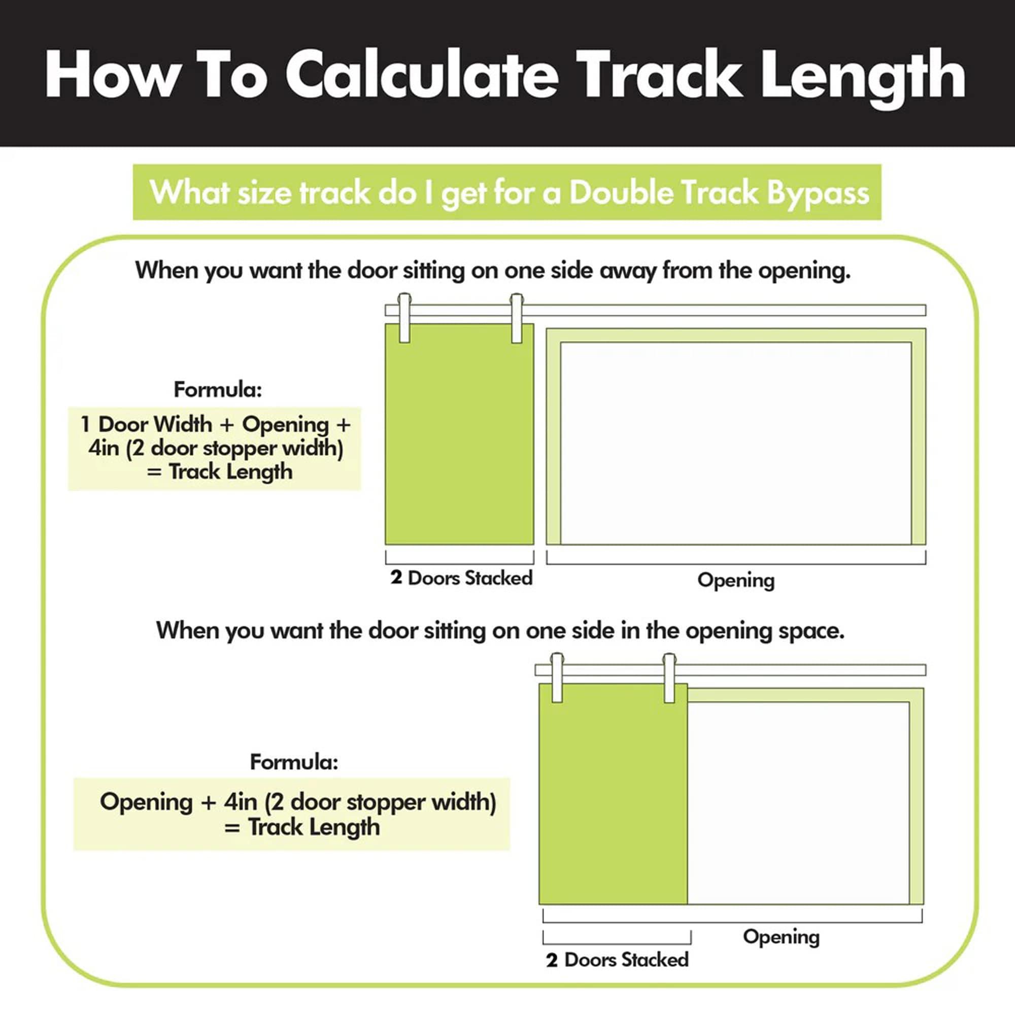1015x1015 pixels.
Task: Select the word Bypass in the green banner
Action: (x=818, y=194)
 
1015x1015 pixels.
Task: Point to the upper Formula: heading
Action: (x=218, y=390)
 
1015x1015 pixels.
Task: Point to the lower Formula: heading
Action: (x=294, y=762)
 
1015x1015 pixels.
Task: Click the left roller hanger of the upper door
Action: (x=404, y=318)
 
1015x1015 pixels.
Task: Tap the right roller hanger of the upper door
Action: (x=517, y=318)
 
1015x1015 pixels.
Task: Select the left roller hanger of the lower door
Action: (x=557, y=678)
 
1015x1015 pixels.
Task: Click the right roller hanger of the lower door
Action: (x=669, y=678)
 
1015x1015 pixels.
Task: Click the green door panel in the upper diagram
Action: (x=460, y=434)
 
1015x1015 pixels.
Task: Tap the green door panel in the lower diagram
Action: (x=613, y=794)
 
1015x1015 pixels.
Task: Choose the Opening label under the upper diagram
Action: (x=735, y=581)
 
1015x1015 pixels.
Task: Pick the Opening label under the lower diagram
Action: (x=781, y=937)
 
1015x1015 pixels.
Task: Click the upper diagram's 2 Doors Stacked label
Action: (x=461, y=578)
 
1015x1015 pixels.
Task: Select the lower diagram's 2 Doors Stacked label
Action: (x=617, y=960)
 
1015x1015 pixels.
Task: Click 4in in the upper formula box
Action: (x=104, y=448)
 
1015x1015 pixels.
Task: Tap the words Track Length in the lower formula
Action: (x=314, y=827)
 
